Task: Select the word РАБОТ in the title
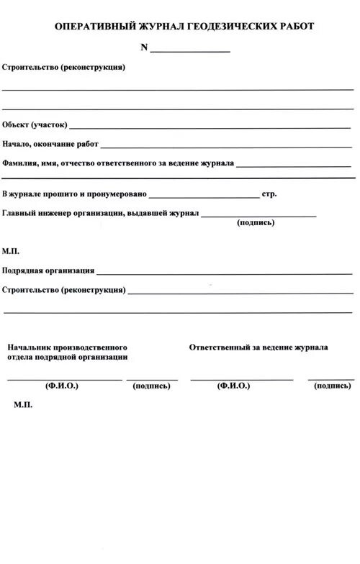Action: [x=295, y=26]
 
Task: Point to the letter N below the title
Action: [x=144, y=47]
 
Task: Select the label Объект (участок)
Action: [x=35, y=124]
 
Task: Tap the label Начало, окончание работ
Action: [x=50, y=144]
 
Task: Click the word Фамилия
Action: [x=20, y=163]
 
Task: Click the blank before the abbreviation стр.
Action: [x=204, y=196]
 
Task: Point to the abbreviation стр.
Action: [x=269, y=194]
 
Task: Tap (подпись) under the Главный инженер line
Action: [x=256, y=223]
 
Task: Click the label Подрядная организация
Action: [x=48, y=271]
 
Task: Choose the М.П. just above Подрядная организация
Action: [x=11, y=252]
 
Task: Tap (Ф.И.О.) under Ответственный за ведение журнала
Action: [x=233, y=386]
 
